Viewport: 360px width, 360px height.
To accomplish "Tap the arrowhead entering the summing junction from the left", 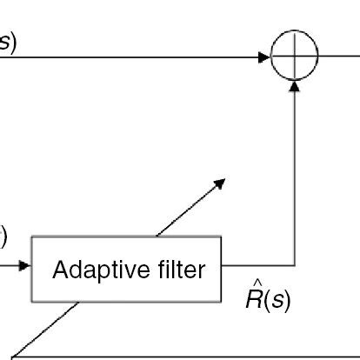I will [263, 57].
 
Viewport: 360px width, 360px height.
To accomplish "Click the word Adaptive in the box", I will [94, 270].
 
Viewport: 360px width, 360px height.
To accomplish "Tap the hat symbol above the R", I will [257, 283].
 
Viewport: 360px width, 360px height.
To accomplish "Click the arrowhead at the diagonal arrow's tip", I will [220, 183].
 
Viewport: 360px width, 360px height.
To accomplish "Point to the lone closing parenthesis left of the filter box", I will [3, 236].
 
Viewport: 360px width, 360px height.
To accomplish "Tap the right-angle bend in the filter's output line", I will [296, 264].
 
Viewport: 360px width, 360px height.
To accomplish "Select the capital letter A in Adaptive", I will [60, 270].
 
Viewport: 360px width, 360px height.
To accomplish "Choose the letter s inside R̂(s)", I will [277, 300].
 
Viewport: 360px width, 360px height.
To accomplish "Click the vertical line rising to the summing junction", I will [296, 174].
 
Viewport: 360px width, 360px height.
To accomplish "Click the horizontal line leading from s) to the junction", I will [130, 57].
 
